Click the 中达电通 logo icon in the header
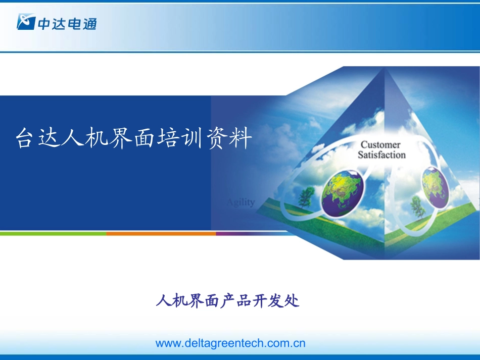tap(25, 22)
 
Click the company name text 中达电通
tap(66, 23)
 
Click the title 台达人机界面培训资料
tap(134, 138)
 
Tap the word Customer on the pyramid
tap(380, 145)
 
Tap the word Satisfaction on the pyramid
tap(381, 155)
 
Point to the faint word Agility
tap(241, 202)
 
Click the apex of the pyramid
tap(386, 68)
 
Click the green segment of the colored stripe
tap(53, 234)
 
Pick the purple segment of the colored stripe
tap(237, 234)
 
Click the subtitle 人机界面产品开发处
tap(228, 301)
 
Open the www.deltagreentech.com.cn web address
tap(230, 343)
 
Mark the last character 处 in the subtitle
tap(292, 301)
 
